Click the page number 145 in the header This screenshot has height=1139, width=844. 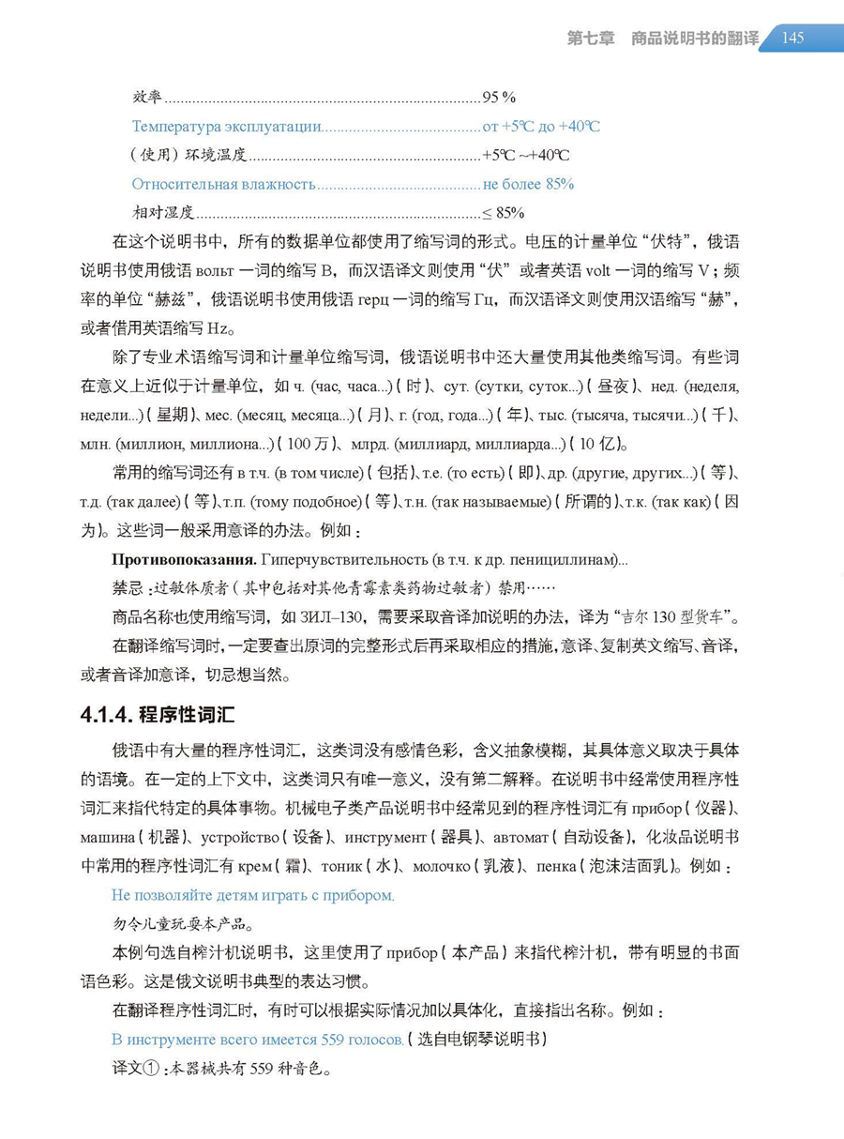(x=792, y=38)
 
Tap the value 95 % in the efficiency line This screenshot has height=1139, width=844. (x=499, y=97)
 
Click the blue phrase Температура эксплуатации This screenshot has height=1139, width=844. (x=227, y=127)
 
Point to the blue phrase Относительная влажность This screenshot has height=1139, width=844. (x=223, y=184)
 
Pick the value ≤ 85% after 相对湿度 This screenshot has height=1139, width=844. (x=504, y=212)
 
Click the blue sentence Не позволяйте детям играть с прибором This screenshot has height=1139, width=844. (x=252, y=895)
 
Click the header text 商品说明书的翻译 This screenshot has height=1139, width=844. (x=695, y=38)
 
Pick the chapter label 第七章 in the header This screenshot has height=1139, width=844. (x=591, y=38)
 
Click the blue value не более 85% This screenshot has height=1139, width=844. (x=528, y=184)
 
